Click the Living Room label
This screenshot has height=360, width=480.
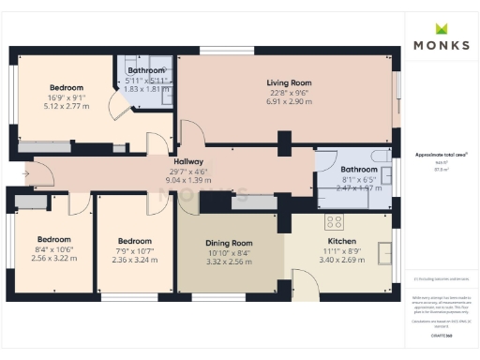pos(289,82)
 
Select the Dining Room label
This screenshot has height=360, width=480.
pos(229,244)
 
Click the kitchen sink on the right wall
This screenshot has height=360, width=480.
pos(385,250)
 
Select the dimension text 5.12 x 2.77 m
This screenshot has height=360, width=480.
pos(67,106)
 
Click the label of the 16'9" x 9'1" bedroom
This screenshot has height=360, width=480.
pos(67,88)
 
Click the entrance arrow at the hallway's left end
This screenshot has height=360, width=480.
pos(22,174)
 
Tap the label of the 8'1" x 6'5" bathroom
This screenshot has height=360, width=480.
pos(358,170)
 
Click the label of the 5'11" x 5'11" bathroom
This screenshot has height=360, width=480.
pos(146,70)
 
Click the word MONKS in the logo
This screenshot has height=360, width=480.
pos(439,44)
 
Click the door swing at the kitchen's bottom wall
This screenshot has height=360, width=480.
pos(304,282)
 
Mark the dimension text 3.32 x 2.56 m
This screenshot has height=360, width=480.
pos(229,262)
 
